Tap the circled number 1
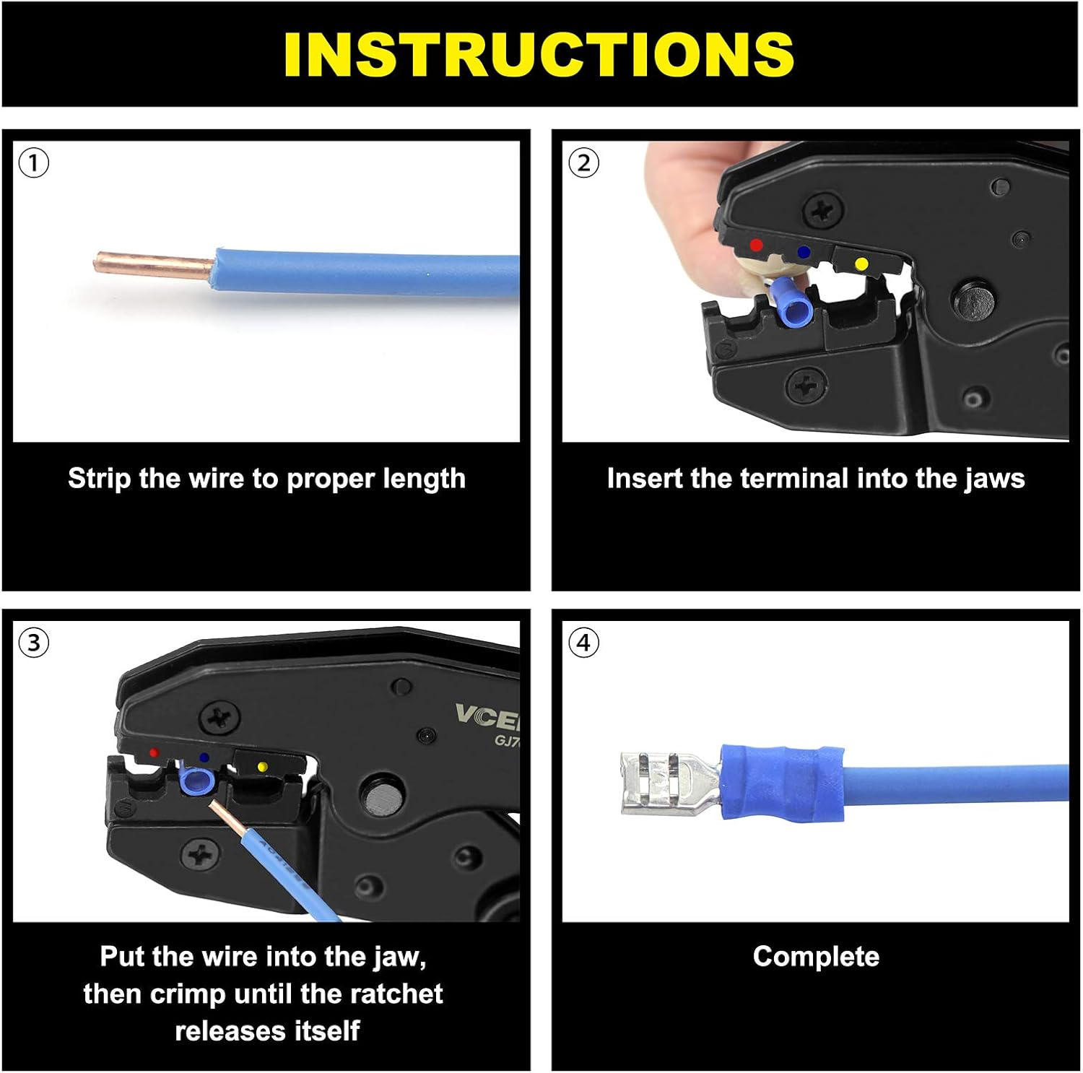34,163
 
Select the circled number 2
583,163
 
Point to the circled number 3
34,643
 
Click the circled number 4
583,643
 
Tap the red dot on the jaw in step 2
756,245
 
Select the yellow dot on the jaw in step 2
861,264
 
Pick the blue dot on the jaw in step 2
804,252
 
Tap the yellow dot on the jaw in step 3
262,766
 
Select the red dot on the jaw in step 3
154,752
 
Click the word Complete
816,957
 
